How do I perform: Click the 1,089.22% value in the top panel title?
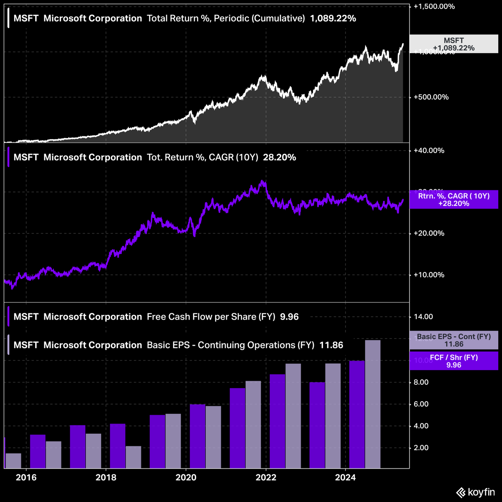tap(333, 18)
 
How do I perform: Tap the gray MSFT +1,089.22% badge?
tap(453, 44)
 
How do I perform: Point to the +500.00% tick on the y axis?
tap(431, 97)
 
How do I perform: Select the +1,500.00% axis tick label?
tap(434, 7)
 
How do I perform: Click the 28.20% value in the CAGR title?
tap(279, 157)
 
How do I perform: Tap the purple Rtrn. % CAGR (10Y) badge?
tap(453, 200)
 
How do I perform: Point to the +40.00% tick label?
tap(429, 151)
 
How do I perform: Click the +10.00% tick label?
tap(429, 275)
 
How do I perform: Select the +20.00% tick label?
tap(429, 233)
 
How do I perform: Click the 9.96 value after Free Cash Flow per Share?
tap(289, 317)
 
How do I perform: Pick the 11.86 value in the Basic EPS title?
tap(331, 345)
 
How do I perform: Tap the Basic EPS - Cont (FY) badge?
tap(453, 340)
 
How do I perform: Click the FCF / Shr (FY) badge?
tap(453, 361)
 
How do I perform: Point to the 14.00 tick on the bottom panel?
tap(423, 317)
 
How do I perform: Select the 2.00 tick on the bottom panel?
tap(422, 448)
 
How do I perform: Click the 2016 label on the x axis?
tap(26, 477)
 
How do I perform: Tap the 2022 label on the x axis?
tap(266, 477)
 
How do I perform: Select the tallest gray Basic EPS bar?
tap(373, 404)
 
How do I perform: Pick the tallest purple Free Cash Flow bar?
tap(357, 414)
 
